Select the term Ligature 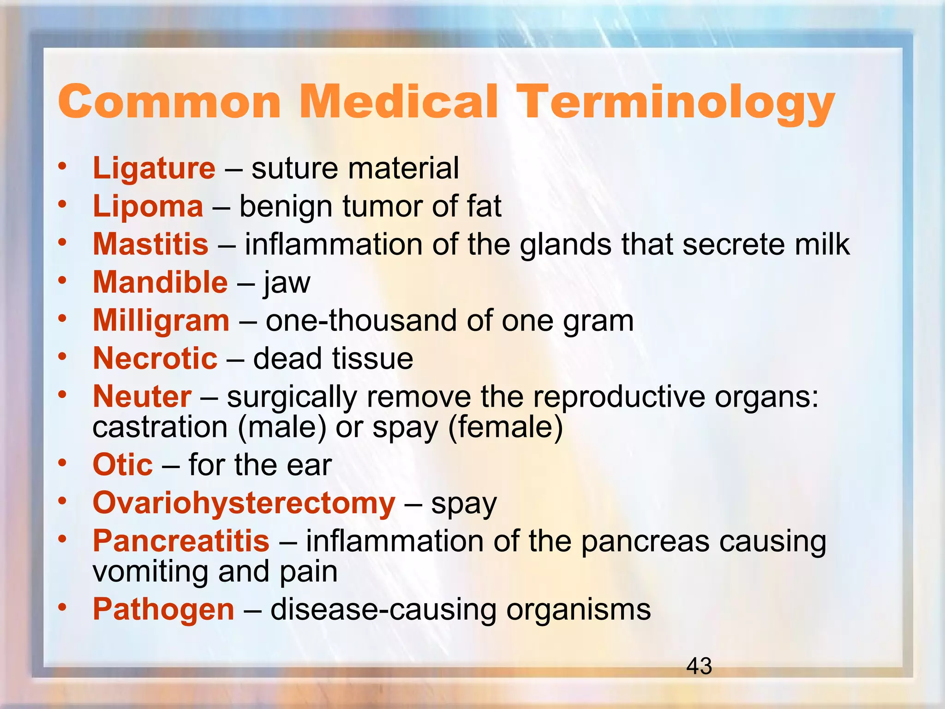point(154,168)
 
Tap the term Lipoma point(148,206)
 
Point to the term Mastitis point(151,244)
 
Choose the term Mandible point(160,282)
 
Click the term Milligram point(161,320)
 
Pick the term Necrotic point(155,359)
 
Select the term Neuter point(142,397)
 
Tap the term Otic point(123,465)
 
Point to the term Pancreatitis point(181,541)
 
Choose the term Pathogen point(164,609)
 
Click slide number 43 point(699,667)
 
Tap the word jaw point(287,283)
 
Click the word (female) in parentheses point(506,427)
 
